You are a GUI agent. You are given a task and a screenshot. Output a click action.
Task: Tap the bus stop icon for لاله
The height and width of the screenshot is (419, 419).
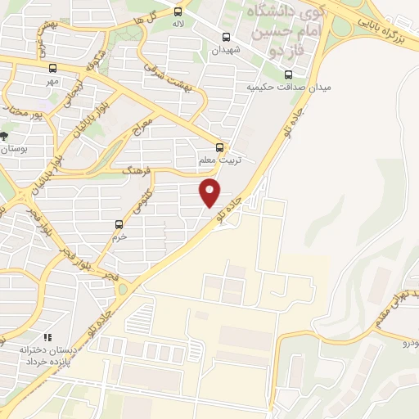pyautogui.click(x=177, y=11)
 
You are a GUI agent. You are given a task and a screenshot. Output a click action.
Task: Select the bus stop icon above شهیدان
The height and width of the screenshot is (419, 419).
pyautogui.click(x=227, y=37)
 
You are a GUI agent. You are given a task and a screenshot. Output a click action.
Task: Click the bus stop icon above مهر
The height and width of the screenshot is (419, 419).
pyautogui.click(x=53, y=69)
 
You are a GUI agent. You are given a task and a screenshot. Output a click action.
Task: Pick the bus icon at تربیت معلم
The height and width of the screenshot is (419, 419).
pyautogui.click(x=219, y=147)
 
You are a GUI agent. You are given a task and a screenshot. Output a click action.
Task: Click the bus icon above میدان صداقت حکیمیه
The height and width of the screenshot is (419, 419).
pyautogui.click(x=286, y=74)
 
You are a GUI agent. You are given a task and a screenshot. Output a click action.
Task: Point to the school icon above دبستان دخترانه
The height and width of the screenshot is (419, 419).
pyautogui.click(x=47, y=336)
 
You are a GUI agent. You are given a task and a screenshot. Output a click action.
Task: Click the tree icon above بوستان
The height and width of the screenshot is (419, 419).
pyautogui.click(x=5, y=135)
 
